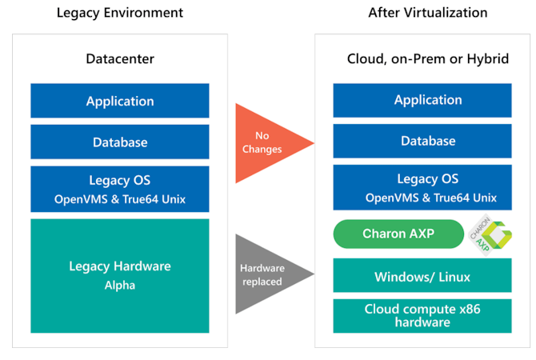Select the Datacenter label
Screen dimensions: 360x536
point(120,59)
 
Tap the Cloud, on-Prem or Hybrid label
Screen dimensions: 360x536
point(428,59)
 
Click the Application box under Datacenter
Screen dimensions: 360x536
point(120,101)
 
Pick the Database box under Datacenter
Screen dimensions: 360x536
point(120,142)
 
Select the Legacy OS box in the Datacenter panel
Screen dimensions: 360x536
point(120,189)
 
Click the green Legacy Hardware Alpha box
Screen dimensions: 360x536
point(120,275)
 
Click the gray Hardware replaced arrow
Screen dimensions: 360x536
point(265,274)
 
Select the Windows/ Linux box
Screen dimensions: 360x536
point(422,277)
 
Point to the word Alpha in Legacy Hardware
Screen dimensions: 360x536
point(120,285)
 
